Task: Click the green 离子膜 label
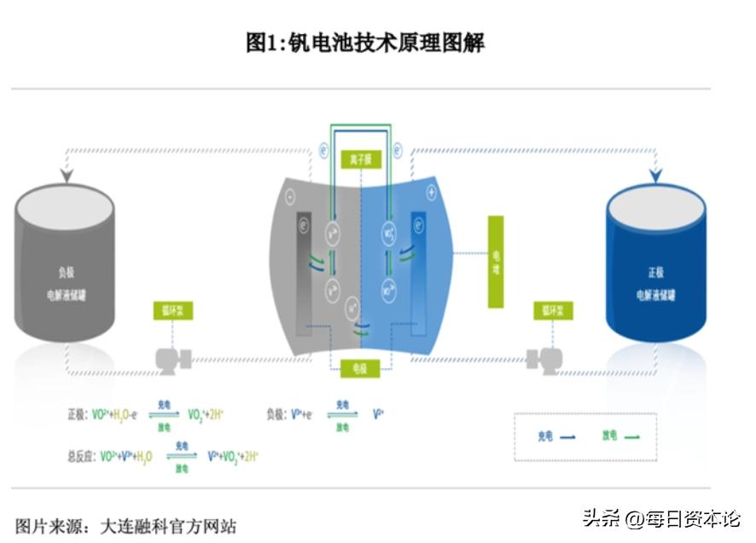[x=358, y=159]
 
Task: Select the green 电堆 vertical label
[x=496, y=262]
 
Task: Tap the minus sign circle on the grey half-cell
[x=291, y=197]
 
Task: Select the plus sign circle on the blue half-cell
[x=431, y=194]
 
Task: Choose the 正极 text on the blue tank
[x=655, y=274]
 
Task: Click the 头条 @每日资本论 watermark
[x=661, y=517]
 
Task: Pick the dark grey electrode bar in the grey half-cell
[x=304, y=273]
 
